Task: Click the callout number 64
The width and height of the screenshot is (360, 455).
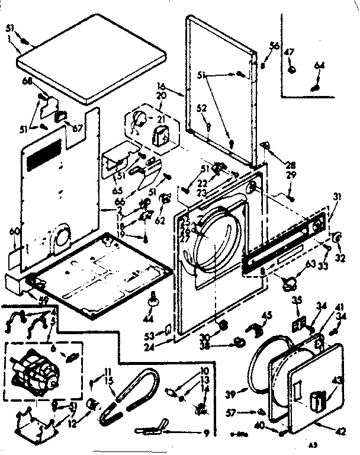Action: pyautogui.click(x=319, y=65)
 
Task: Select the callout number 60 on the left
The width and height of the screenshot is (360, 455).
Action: pyautogui.click(x=15, y=230)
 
